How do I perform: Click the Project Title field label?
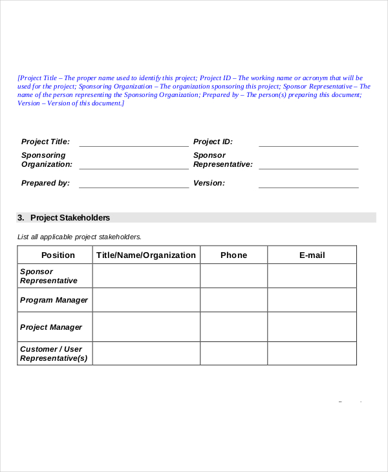click(x=45, y=142)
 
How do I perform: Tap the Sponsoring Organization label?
click(x=47, y=160)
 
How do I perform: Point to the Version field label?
click(x=209, y=183)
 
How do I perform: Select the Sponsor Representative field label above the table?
click(x=222, y=160)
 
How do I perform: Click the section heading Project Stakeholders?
click(x=70, y=218)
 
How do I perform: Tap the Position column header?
click(x=58, y=255)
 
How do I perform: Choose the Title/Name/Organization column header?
click(x=146, y=255)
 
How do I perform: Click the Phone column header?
click(x=233, y=255)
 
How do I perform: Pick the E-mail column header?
click(x=312, y=255)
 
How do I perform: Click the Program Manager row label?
click(x=54, y=300)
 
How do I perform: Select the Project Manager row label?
click(x=51, y=327)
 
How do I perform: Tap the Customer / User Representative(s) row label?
click(x=54, y=354)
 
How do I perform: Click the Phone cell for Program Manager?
click(x=233, y=300)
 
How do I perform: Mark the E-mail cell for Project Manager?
click(x=312, y=327)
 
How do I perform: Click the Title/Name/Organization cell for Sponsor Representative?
click(x=146, y=276)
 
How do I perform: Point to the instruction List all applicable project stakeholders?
click(x=79, y=237)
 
